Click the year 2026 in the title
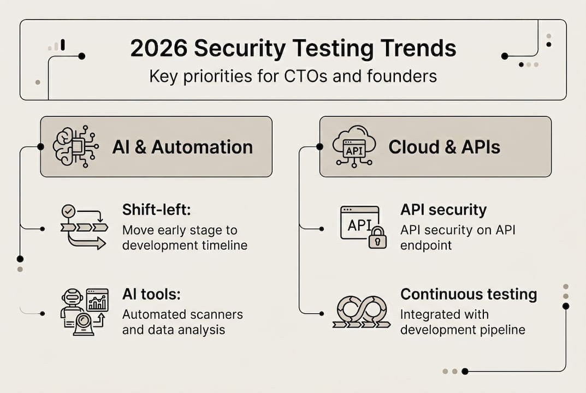[157, 49]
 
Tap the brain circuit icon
[75, 146]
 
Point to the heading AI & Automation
[182, 147]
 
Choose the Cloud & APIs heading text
[444, 147]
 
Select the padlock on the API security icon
[377, 238]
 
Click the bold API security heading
[443, 210]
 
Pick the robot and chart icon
[84, 312]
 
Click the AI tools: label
[151, 295]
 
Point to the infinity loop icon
[361, 312]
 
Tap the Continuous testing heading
[469, 295]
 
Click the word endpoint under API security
[426, 245]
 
